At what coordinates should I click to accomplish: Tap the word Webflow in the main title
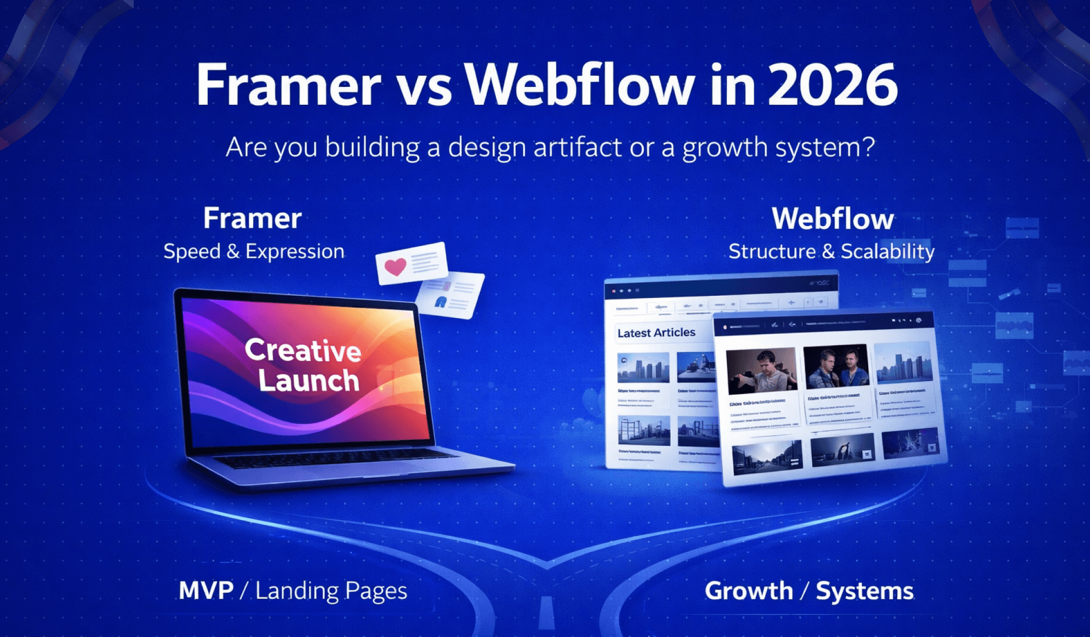pyautogui.click(x=580, y=85)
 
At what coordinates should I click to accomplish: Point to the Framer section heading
pyautogui.click(x=252, y=219)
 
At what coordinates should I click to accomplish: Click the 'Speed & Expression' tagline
pyautogui.click(x=254, y=252)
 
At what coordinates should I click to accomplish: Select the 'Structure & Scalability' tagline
pyautogui.click(x=832, y=252)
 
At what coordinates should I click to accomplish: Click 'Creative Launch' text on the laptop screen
pyautogui.click(x=304, y=365)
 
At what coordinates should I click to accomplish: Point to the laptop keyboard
pyautogui.click(x=335, y=458)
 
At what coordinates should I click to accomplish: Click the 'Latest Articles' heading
pyautogui.click(x=656, y=333)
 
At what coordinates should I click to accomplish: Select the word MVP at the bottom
pyautogui.click(x=206, y=591)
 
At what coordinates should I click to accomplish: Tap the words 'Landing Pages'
pyautogui.click(x=331, y=591)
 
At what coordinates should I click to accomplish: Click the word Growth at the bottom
pyautogui.click(x=748, y=591)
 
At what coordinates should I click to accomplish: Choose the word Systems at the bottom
pyautogui.click(x=864, y=591)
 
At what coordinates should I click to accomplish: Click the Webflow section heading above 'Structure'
pyautogui.click(x=833, y=219)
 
